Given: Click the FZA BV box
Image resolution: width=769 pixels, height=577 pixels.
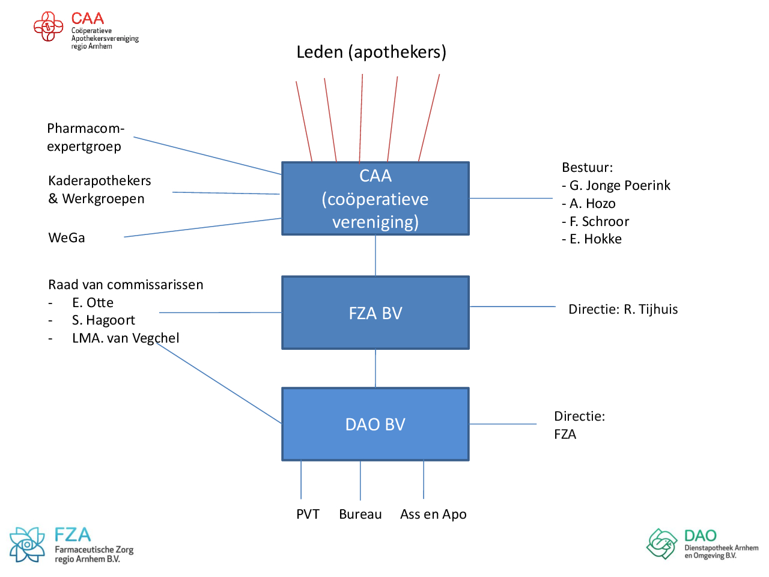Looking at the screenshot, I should point(375,313).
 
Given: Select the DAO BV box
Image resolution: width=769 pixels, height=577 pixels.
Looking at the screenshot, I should point(375,424).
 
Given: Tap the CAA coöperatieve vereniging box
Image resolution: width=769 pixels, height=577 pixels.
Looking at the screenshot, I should point(375,198).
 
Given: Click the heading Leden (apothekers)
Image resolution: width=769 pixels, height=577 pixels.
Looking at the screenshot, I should point(371,52).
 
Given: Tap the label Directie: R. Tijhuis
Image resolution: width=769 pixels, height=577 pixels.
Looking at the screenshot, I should point(623,310).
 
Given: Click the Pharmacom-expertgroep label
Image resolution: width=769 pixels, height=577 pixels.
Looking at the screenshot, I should point(85,138).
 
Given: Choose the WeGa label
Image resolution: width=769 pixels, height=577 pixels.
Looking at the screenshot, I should point(67,238).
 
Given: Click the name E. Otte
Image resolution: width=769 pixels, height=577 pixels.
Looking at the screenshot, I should point(93,303).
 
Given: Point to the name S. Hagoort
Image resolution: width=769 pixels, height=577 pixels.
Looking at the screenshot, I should point(103,320).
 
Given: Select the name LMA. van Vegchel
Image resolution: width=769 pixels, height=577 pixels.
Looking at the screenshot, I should point(126,338).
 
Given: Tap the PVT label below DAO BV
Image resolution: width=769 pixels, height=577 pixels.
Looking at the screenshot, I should point(308,514).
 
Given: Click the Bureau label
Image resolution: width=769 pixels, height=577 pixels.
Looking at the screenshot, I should point(360,514).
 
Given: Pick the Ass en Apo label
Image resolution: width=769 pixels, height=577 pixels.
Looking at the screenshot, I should point(433,514).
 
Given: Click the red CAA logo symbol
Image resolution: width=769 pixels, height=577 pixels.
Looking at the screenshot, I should point(48,27).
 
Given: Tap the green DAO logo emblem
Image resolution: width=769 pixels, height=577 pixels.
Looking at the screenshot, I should point(662,543).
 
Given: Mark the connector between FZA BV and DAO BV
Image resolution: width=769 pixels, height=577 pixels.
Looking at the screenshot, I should point(375,368).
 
